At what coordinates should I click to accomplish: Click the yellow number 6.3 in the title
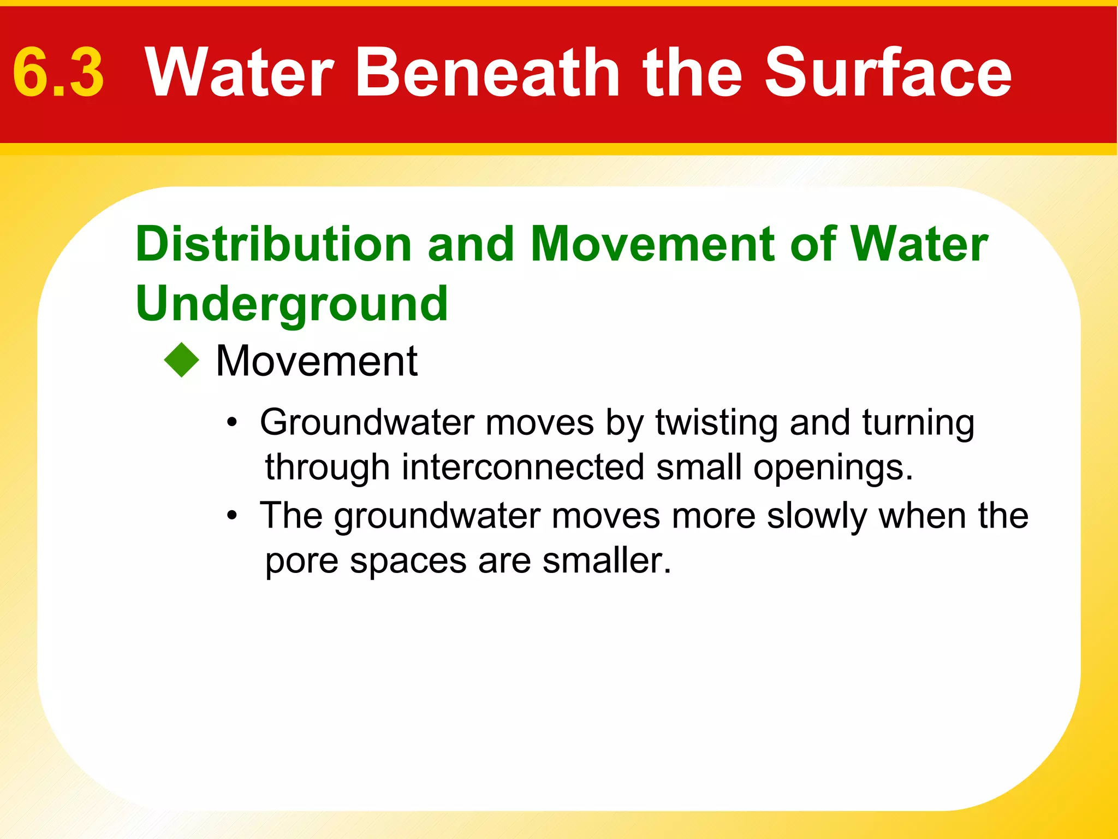58,73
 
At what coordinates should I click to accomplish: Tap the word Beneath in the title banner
487,72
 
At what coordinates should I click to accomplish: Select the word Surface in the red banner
888,72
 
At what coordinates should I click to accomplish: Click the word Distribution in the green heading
273,244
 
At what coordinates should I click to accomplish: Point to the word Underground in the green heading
292,305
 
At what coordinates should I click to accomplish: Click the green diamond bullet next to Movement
182,360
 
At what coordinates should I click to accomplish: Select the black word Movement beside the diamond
317,361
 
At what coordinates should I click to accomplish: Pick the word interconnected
523,468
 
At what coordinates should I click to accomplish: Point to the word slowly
817,516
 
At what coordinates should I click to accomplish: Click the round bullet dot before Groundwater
233,423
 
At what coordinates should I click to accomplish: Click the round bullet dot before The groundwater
233,516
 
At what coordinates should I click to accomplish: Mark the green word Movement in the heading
653,244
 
